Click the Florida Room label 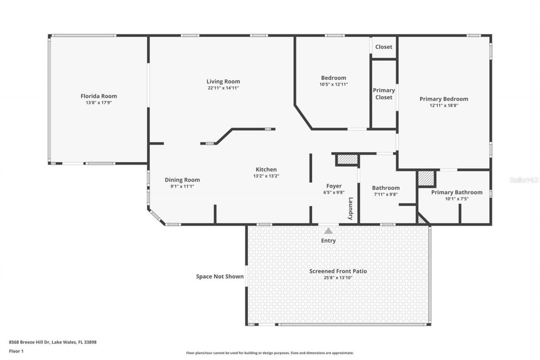(99, 96)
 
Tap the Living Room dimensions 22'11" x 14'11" (223, 88)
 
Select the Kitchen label (266, 169)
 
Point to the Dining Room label (182, 180)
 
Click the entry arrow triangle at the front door (328, 231)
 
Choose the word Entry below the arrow (328, 241)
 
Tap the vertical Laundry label (350, 208)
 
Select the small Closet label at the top (383, 47)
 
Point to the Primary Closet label (384, 94)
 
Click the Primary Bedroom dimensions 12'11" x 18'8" (444, 106)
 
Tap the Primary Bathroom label (456, 192)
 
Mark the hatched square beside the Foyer (347, 160)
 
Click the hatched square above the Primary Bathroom (426, 178)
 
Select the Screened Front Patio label (338, 271)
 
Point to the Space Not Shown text (220, 276)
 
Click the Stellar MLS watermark (524, 180)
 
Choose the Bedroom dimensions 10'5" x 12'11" (333, 84)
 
